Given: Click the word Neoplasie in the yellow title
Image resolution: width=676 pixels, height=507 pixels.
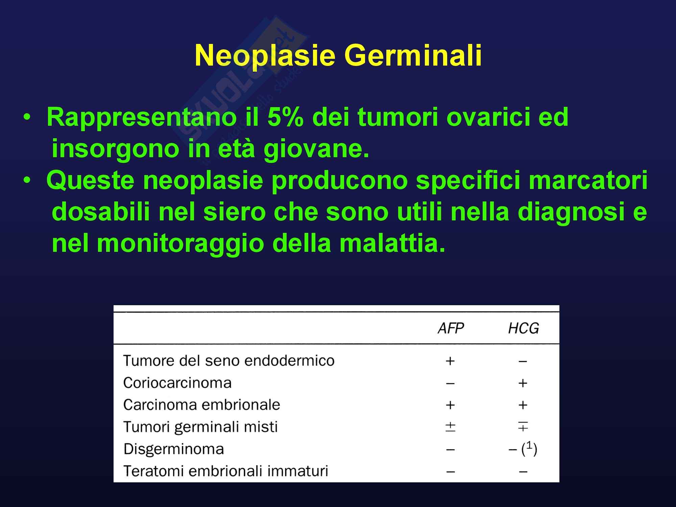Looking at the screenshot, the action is click(265, 56).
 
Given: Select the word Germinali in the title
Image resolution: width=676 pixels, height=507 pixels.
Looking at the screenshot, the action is click(413, 55).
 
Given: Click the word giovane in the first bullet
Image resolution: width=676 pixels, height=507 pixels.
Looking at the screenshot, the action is click(316, 149).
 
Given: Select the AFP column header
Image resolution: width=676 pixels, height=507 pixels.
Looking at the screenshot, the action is click(451, 329).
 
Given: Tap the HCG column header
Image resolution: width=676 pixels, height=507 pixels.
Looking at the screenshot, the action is click(523, 329).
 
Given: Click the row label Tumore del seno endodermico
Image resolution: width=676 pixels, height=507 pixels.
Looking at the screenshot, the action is click(229, 361).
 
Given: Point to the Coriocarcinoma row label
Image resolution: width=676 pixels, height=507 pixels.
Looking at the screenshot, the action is click(177, 383).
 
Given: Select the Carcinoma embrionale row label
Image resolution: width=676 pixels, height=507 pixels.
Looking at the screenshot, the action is click(202, 405).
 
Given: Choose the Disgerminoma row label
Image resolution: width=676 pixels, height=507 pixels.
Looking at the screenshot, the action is click(174, 449).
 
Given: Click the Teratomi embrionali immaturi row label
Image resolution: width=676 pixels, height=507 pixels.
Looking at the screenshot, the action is click(226, 471).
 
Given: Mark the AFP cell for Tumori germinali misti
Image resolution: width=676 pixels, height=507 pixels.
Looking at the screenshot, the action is click(450, 427).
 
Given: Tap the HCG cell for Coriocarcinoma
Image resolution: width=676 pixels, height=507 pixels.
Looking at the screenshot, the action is click(523, 383).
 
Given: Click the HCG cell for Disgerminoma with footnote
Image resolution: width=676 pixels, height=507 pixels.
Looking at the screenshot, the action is click(523, 449).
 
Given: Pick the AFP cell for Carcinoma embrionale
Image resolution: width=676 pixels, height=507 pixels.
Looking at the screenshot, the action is click(450, 405).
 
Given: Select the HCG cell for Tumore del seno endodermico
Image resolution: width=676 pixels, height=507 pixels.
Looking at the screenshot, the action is click(523, 361).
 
